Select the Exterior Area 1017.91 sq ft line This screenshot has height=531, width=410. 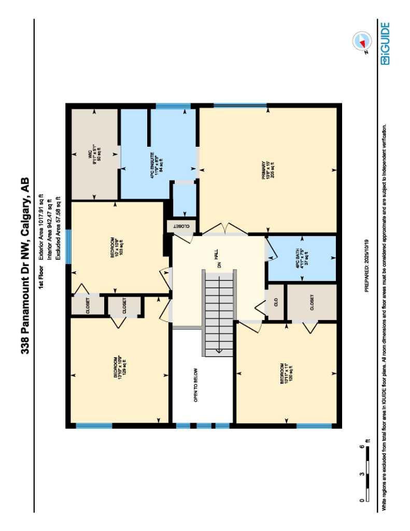[40, 229]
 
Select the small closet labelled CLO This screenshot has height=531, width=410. [276, 302]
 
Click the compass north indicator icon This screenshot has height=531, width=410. [361, 41]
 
